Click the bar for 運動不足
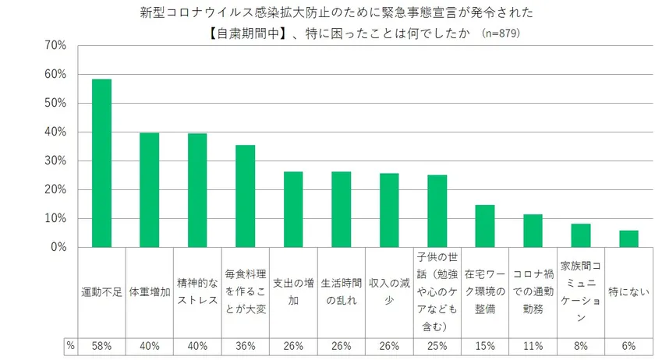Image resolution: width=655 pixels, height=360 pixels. pyautogui.click(x=101, y=164)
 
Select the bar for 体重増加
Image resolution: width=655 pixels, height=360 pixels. pyautogui.click(x=150, y=190)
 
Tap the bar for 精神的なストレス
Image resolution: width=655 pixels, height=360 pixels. pyautogui.click(x=197, y=190)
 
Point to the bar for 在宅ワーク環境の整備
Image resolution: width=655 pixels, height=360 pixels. pyautogui.click(x=485, y=226)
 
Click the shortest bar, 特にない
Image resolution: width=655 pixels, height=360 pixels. pyautogui.click(x=628, y=238)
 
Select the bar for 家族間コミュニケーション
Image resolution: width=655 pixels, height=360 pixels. pyautogui.click(x=581, y=235)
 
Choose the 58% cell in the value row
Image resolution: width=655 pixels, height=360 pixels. pyautogui.click(x=101, y=344)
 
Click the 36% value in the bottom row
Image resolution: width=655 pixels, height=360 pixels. pyautogui.click(x=246, y=344)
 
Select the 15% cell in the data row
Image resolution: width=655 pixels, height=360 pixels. pyautogui.click(x=485, y=344)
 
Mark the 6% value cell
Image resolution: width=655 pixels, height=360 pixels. pyautogui.click(x=628, y=344)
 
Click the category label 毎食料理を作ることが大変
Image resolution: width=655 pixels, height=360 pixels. pyautogui.click(x=246, y=289)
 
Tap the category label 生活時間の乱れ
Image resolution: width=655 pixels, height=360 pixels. pyautogui.click(x=342, y=289)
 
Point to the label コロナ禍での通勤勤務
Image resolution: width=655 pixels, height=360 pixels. pyautogui.click(x=533, y=289)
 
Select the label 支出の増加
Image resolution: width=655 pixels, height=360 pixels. pyautogui.click(x=293, y=289)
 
